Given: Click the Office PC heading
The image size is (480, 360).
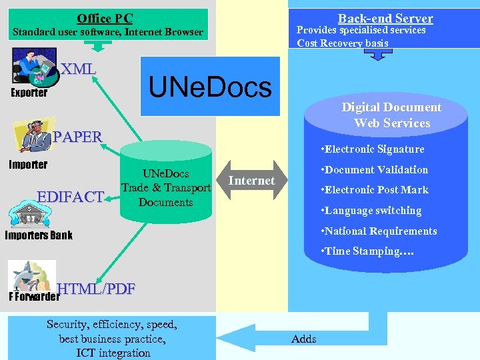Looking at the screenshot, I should click(105, 19).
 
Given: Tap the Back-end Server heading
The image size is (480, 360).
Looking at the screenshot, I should click(385, 19).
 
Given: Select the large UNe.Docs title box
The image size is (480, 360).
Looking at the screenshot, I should click(210, 87).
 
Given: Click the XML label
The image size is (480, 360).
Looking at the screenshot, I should click(78, 69).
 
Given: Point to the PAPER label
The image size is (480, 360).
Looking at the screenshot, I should click(77, 137).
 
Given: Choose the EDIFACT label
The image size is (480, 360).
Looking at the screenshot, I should click(71, 197).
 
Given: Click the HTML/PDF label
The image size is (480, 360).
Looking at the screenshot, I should click(97, 289).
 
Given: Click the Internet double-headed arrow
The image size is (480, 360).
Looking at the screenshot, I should click(251, 181).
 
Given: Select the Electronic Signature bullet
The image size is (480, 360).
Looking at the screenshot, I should click(372, 149).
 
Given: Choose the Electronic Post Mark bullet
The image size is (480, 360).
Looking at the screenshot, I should click(374, 190).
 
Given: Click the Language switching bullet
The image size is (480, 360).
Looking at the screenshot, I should click(371, 211).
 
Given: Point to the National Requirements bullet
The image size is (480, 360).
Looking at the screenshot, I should click(379, 231).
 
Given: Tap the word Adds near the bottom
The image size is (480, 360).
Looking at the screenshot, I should click(304, 339).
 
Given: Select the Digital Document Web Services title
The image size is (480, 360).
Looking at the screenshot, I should click(391, 115).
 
